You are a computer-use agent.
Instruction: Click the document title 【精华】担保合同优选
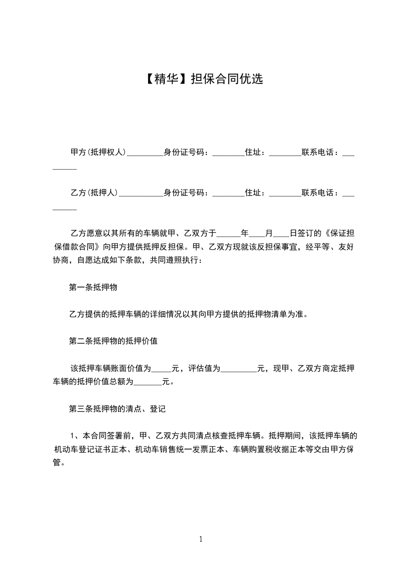(200, 79)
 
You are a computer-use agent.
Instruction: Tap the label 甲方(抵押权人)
(98, 152)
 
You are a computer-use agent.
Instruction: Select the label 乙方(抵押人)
(94, 193)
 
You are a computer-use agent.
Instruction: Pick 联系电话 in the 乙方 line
(320, 193)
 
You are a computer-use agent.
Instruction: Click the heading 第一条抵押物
(93, 287)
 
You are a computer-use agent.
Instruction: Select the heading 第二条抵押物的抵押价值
(113, 341)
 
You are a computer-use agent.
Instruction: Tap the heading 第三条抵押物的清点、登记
(117, 408)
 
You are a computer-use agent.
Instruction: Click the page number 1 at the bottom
(201, 539)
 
